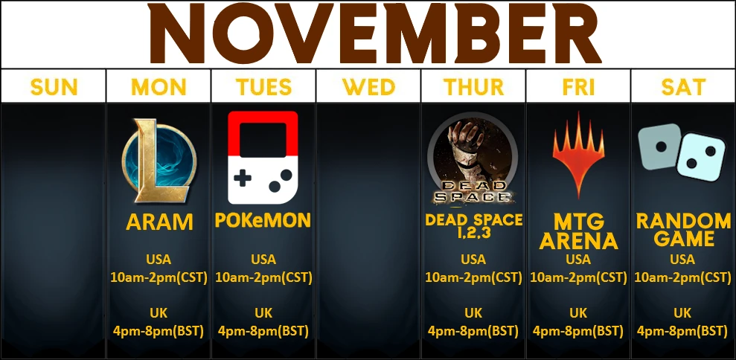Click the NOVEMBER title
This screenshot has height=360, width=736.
[x=374, y=33]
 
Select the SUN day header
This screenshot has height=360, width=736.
[x=54, y=87]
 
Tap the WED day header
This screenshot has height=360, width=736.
[x=368, y=87]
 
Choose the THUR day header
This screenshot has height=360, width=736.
[x=473, y=87]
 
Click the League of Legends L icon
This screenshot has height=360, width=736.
[x=159, y=161]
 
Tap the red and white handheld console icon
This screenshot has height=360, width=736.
[x=263, y=158]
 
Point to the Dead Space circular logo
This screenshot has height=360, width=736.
[x=473, y=158]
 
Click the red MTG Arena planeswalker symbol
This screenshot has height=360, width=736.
[x=578, y=155]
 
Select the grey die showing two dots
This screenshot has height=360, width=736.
[x=659, y=147]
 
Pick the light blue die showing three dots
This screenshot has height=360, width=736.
[x=701, y=157]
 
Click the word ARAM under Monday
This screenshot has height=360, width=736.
[x=159, y=222]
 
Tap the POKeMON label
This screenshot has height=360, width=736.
[x=263, y=220]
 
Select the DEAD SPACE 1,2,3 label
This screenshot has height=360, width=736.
[x=473, y=226]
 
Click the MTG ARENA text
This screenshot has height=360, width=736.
[x=578, y=232]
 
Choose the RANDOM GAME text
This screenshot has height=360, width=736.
[x=683, y=230]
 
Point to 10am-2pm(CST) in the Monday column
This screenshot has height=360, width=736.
[x=159, y=277]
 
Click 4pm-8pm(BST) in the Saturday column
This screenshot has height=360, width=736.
[x=682, y=331]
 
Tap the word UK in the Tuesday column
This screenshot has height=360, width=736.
[x=263, y=313]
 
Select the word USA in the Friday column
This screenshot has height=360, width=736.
[x=578, y=260]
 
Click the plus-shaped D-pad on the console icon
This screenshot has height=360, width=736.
[x=243, y=179]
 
